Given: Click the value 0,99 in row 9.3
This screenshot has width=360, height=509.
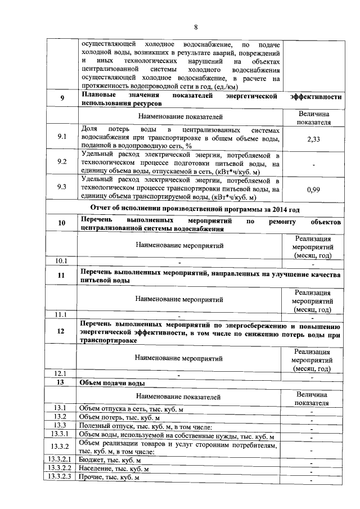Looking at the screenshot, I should click(314, 190).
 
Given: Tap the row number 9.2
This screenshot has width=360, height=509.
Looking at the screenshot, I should click(62, 163).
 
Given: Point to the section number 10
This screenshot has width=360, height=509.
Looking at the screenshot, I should click(62, 223).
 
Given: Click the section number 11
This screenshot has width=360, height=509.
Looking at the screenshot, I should click(62, 276).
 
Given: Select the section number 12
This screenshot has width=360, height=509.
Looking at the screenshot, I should click(62, 332).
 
